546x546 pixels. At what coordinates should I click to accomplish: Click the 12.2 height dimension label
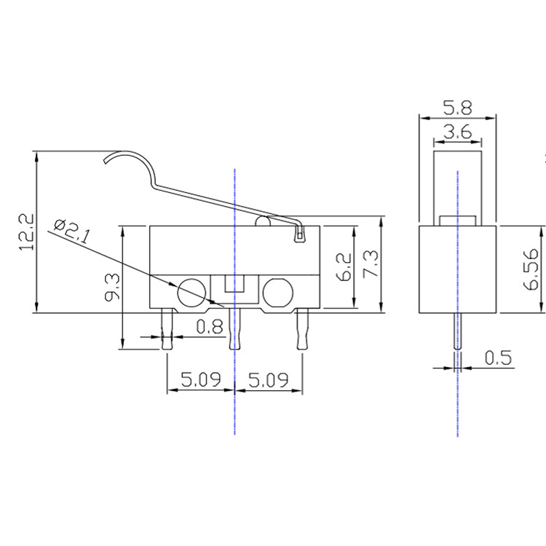click(x=27, y=232)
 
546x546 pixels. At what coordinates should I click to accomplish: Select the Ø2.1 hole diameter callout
click(x=72, y=231)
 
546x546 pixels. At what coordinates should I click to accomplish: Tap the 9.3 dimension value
click(x=112, y=287)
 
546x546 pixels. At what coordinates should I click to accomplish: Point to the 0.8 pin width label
click(x=209, y=327)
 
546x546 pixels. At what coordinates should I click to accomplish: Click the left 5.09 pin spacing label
click(x=201, y=379)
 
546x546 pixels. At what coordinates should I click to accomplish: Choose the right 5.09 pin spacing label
click(x=269, y=379)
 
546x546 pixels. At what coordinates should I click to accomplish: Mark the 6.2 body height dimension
click(x=344, y=267)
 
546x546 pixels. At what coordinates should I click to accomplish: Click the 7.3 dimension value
click(x=370, y=264)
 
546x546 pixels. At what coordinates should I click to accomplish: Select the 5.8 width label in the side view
click(x=457, y=108)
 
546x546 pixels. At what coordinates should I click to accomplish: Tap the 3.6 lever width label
click(x=458, y=132)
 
